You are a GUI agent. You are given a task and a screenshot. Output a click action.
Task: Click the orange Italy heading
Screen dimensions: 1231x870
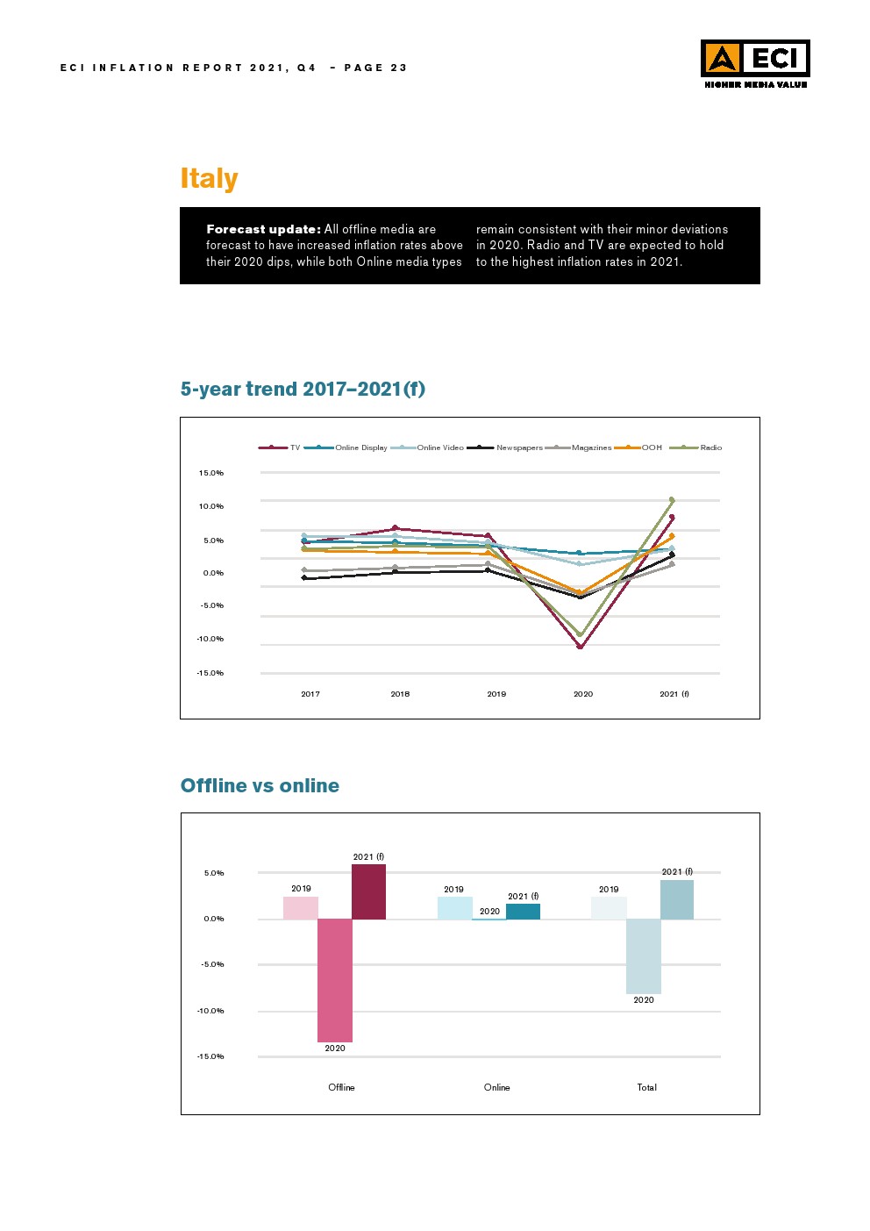209,178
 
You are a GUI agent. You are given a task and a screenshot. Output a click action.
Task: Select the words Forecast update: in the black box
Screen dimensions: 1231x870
263,229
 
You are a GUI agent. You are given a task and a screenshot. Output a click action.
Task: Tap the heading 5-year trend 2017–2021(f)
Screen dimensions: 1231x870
303,389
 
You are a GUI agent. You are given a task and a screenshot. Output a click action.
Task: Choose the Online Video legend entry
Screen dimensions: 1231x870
440,447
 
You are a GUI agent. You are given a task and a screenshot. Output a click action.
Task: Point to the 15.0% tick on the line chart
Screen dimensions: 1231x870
210,473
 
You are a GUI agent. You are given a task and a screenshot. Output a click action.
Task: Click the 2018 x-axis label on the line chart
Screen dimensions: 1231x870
400,694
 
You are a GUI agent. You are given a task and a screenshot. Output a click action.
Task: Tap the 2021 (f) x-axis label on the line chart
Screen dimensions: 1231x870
674,694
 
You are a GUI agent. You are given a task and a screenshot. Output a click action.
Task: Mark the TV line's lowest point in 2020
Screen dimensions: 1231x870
580,647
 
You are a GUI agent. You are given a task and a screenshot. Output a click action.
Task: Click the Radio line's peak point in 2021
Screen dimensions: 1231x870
672,500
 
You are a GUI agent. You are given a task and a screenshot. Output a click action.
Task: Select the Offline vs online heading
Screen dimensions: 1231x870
260,785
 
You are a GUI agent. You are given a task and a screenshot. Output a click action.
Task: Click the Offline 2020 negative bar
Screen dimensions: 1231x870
335,980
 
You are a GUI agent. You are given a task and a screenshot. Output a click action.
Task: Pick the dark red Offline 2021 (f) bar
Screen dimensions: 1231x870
368,891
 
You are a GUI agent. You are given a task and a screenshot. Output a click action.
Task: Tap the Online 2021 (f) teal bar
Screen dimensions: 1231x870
523,911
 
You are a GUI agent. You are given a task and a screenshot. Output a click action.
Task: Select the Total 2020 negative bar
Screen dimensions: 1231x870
644,955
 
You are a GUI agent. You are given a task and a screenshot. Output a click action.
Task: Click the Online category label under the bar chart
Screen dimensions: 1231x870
496,1087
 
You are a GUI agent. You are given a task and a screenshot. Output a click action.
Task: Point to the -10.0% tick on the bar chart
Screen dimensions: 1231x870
210,1011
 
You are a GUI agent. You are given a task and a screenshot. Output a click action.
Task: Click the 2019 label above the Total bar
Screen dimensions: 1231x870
609,889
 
